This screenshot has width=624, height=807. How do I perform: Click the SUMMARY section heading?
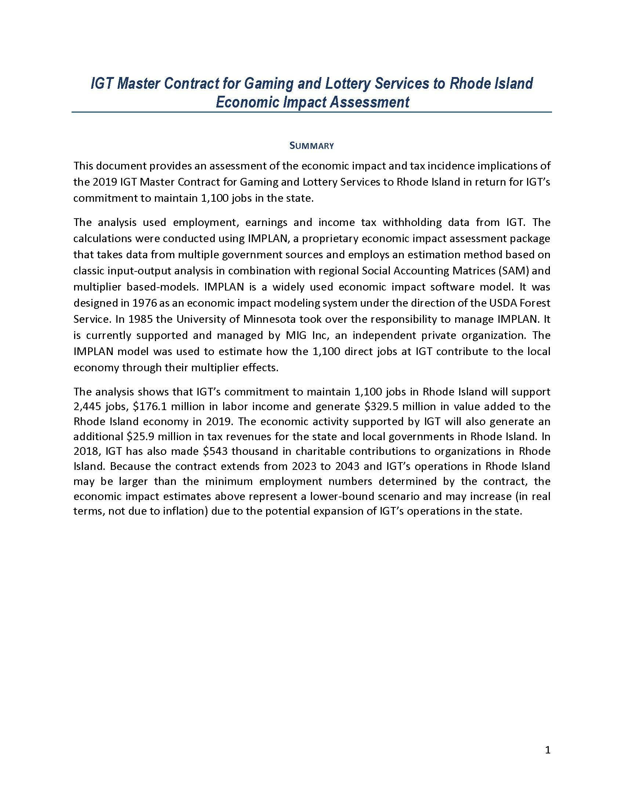pos(312,146)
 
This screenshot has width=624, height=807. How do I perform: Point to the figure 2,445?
pos(86,406)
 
